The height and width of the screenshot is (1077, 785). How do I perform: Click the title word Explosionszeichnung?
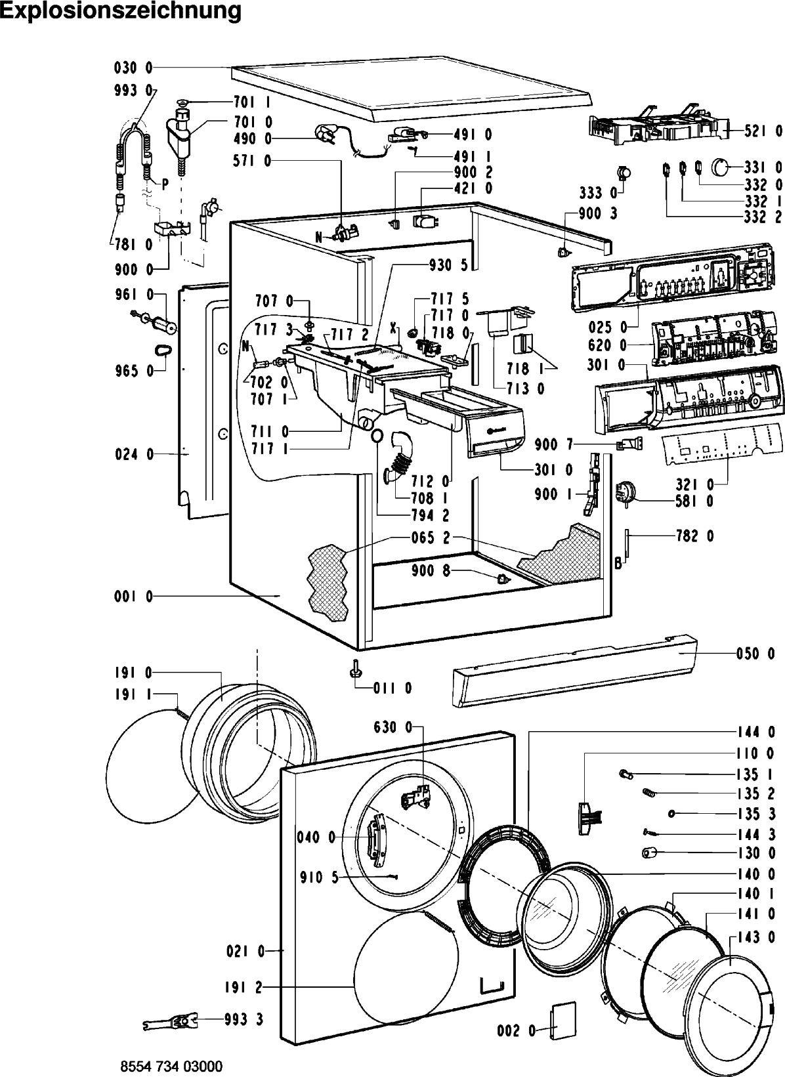click(121, 11)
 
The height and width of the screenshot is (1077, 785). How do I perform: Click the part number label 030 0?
click(133, 68)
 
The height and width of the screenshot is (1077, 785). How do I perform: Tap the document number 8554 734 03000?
click(171, 1066)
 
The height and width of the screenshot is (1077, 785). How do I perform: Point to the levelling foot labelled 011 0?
click(355, 669)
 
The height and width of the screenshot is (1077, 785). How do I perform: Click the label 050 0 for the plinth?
click(755, 654)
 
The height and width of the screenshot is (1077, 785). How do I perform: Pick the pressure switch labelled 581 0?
click(624, 494)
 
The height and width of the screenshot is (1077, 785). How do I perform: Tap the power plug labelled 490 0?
click(325, 133)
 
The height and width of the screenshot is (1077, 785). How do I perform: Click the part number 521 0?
click(763, 131)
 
